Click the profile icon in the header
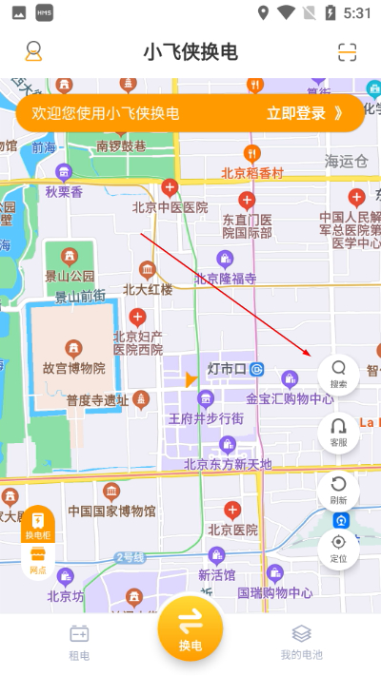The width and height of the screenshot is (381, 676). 33,51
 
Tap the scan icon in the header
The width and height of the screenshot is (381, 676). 347,52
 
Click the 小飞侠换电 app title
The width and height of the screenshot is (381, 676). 190,52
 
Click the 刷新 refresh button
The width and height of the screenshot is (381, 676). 338,489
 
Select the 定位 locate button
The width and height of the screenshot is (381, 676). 338,548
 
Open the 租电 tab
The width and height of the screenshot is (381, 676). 79,642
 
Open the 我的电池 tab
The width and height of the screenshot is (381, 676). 301,642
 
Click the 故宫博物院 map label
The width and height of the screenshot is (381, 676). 72,367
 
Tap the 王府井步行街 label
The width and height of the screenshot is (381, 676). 206,417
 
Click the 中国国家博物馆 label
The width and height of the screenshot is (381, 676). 111,511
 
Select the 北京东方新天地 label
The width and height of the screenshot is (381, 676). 228,464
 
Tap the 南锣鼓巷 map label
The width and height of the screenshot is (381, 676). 121,145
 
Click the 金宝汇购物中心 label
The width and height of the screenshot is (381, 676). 290,398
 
